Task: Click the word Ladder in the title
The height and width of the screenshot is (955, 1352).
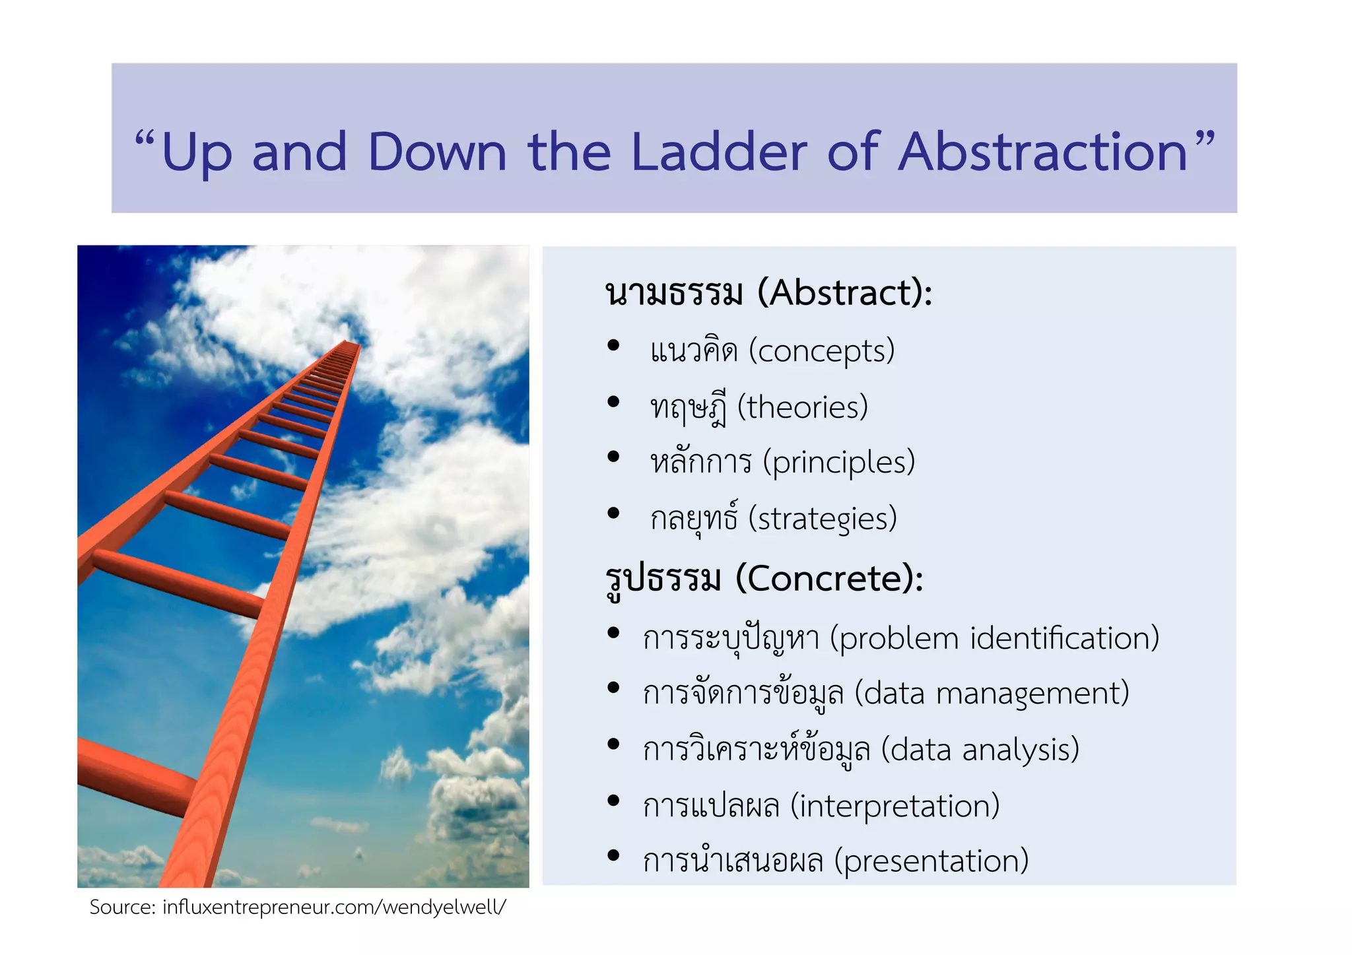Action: click(x=719, y=152)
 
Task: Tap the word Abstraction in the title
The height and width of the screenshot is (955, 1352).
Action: click(x=1043, y=152)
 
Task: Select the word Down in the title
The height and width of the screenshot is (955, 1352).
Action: click(x=437, y=152)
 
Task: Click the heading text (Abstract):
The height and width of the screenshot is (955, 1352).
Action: click(x=845, y=293)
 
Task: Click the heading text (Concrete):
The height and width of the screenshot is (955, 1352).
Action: click(x=829, y=579)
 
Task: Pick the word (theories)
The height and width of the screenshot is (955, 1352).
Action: click(x=802, y=407)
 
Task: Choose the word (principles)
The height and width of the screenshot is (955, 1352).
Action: click(x=838, y=463)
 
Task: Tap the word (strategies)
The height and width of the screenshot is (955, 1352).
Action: click(x=823, y=519)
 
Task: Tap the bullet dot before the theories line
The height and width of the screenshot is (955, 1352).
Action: click(x=613, y=401)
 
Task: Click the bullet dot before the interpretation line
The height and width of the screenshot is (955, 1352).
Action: click(x=613, y=801)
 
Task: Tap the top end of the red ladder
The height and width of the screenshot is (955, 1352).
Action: click(x=349, y=343)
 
